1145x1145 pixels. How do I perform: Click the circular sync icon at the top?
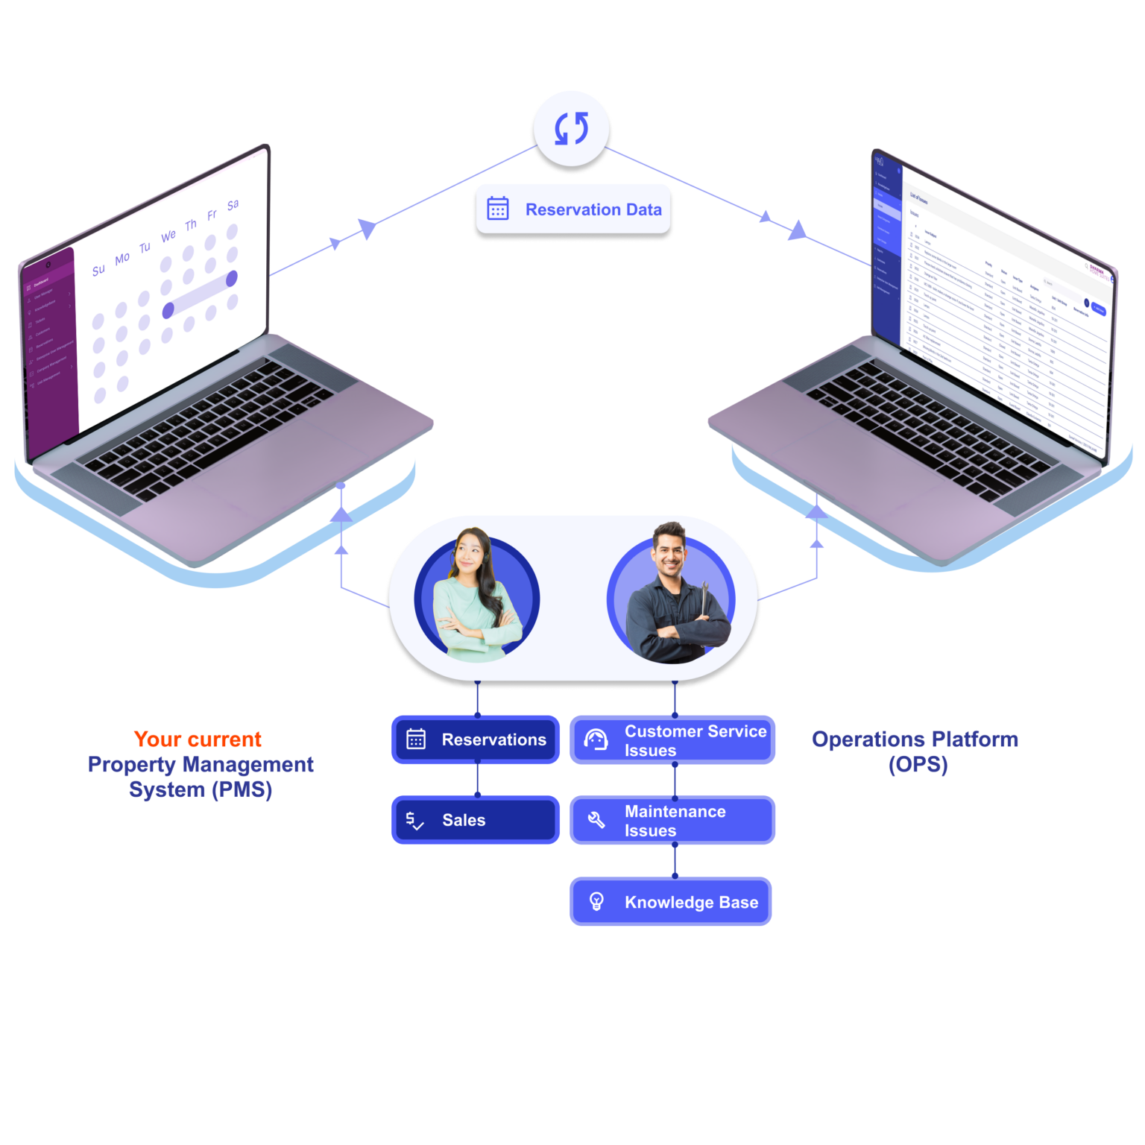[572, 128]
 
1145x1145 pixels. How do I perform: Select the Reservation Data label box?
[573, 209]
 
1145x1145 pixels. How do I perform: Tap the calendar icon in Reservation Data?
[498, 209]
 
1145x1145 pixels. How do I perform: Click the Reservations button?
[476, 739]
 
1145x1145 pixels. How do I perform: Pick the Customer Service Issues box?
[674, 740]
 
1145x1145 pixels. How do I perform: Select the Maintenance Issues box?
[674, 820]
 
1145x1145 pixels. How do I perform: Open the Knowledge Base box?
[672, 902]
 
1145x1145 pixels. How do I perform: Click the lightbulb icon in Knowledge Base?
[596, 901]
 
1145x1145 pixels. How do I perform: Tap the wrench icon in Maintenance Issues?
[596, 820]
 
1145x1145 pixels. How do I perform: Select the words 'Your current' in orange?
[198, 739]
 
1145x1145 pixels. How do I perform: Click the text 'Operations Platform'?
[915, 739]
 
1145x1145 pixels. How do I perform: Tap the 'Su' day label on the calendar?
[98, 270]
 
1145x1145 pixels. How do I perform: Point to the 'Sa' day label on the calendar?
[233, 204]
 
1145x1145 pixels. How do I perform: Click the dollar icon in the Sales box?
[414, 821]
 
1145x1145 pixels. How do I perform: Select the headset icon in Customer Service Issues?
[596, 739]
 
